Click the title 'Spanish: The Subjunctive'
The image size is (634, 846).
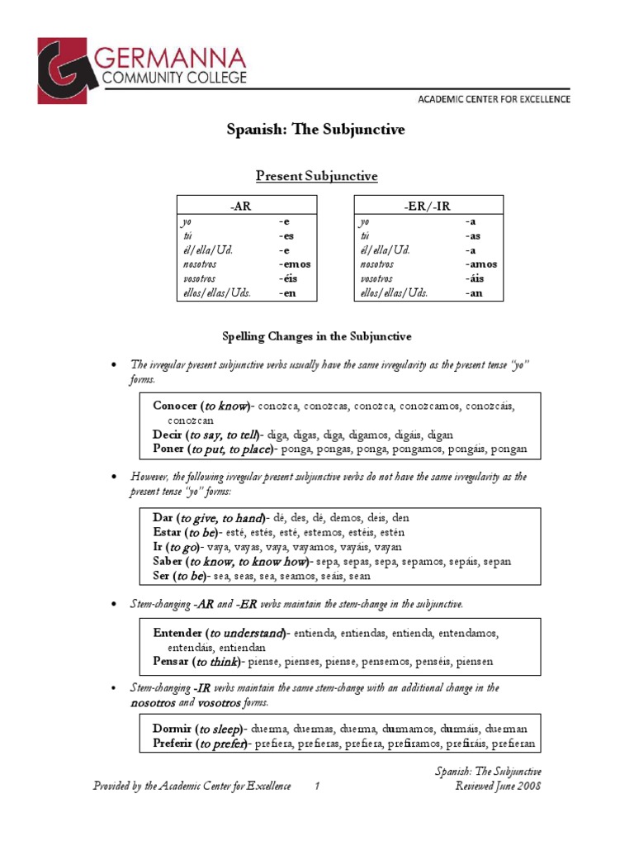pos(316,130)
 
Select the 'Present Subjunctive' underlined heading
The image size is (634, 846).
pos(316,176)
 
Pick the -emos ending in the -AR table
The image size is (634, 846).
pos(295,264)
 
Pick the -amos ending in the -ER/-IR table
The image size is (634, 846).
pos(480,264)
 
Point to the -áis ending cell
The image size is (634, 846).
pos(476,278)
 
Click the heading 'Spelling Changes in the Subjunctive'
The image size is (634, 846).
pos(317,337)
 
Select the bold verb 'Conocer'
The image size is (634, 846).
pos(175,406)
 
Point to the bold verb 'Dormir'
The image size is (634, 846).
pos(173,730)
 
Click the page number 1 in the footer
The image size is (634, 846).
pos(316,787)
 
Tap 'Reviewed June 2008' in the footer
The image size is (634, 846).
pos(498,787)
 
